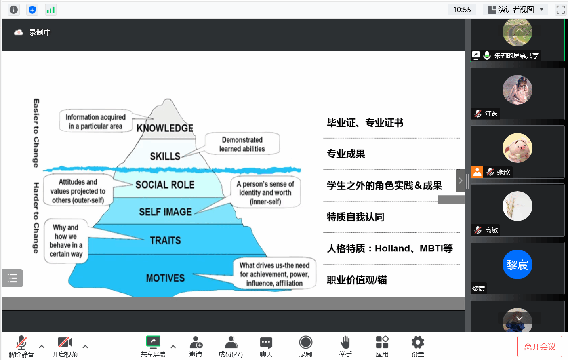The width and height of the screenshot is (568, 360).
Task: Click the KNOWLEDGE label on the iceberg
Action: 165,128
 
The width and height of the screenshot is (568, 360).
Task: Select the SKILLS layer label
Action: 165,156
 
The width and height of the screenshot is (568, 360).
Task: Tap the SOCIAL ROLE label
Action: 165,185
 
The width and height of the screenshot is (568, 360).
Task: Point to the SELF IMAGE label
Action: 165,212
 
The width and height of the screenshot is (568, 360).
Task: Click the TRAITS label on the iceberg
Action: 165,240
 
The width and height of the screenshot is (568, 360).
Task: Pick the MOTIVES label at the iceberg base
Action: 165,278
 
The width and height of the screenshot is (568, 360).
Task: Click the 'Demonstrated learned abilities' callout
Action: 242,144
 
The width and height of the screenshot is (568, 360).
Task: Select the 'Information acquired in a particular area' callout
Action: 95,122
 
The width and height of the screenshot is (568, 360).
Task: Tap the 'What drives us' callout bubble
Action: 274,274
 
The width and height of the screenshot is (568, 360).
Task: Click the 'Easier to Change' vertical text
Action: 36,133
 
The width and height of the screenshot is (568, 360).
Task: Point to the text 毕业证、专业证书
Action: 365,123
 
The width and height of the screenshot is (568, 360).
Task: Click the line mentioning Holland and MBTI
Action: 389,248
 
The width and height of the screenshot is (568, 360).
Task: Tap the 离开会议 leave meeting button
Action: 539,347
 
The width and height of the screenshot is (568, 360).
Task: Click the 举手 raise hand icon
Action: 345,342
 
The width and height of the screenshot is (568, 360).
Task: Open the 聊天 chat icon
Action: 266,342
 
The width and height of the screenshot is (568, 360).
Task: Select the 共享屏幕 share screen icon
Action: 153,341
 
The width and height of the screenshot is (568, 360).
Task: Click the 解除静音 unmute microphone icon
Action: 21,342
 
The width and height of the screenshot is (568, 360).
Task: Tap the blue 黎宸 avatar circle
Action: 517,264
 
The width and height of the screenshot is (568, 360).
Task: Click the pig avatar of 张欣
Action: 517,148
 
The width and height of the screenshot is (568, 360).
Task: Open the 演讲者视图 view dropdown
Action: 515,10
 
